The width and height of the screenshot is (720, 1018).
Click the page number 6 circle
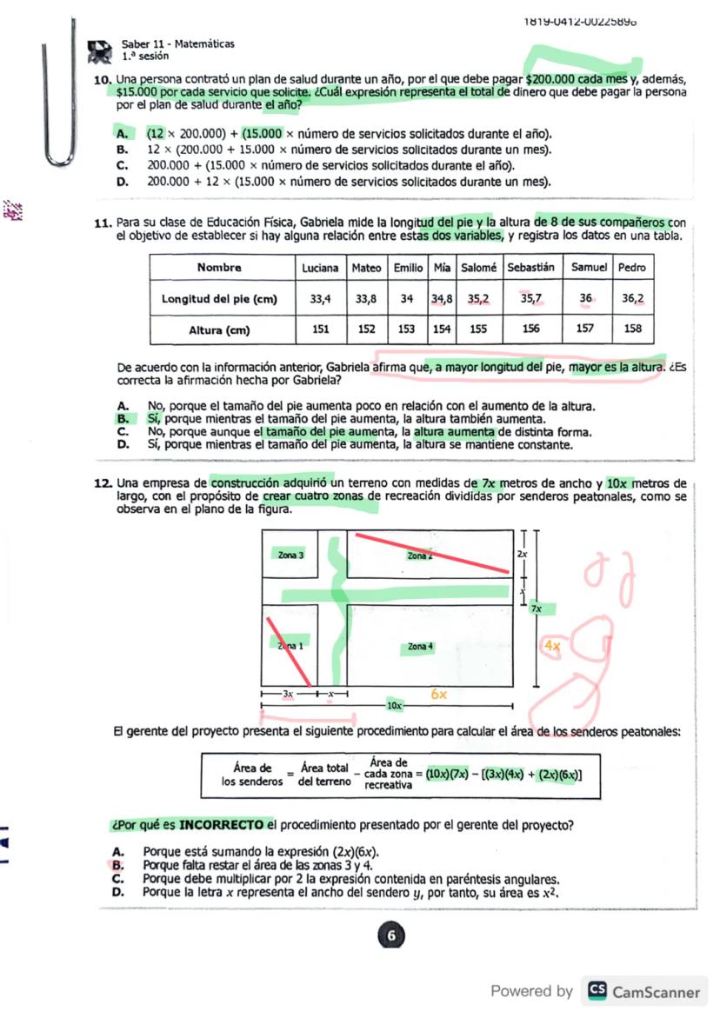coord(391,936)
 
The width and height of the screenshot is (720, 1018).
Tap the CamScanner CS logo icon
coord(597,991)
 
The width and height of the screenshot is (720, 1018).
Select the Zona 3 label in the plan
coord(291,555)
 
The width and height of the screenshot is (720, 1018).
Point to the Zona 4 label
coord(420,647)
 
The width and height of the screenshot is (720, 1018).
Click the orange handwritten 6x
coord(440,695)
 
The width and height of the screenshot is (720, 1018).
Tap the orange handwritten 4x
coord(552,646)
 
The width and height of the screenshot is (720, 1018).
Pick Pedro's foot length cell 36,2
coord(634,298)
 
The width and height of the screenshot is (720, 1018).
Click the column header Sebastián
coord(531,268)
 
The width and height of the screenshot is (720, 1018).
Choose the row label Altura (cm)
coord(221,330)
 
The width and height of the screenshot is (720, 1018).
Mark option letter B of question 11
coord(122,418)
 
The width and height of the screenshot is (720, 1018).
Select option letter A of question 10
coord(122,135)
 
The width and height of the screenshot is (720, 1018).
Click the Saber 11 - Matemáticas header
coord(177,43)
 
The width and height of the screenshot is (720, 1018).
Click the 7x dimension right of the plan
coord(538,609)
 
